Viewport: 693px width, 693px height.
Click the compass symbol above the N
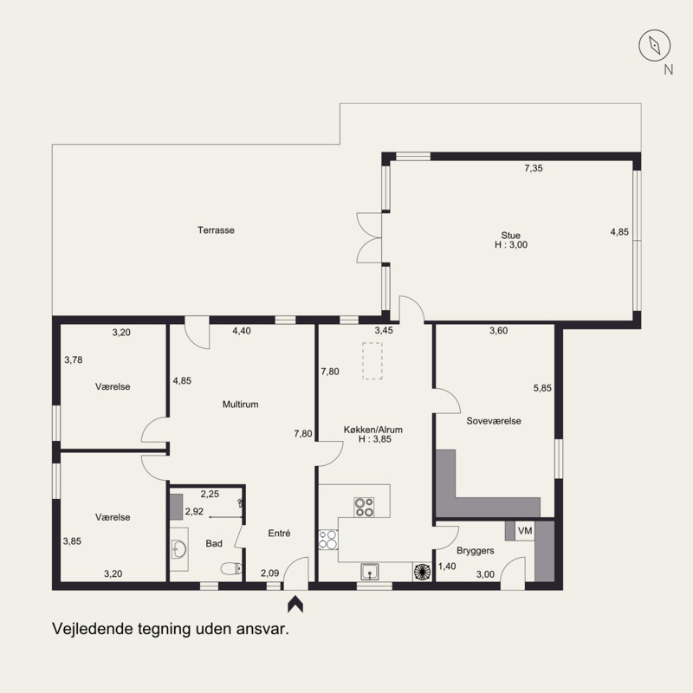click(655, 45)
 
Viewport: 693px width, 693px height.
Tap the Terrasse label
click(216, 230)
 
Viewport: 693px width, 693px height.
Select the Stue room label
click(510, 235)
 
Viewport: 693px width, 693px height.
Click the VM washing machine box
click(525, 530)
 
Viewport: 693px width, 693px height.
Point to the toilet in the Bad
click(231, 568)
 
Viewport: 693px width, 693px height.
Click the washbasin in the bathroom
click(179, 549)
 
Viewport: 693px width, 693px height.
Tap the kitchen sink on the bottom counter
click(369, 572)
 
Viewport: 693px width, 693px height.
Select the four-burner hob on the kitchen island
click(364, 507)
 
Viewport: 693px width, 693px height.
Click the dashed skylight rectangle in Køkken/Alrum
click(372, 360)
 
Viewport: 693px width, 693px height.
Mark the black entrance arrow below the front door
click(295, 604)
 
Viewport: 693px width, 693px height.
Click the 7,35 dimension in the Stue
click(534, 168)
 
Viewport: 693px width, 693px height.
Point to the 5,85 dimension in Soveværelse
click(542, 388)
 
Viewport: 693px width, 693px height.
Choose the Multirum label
click(240, 404)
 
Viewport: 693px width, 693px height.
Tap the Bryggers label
click(475, 551)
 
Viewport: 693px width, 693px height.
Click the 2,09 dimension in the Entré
click(269, 573)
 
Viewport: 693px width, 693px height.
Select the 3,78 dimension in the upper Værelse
click(74, 359)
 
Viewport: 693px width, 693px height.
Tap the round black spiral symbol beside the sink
click(422, 572)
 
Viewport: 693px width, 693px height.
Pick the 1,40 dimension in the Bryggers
click(447, 567)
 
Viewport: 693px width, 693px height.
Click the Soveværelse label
click(494, 421)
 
